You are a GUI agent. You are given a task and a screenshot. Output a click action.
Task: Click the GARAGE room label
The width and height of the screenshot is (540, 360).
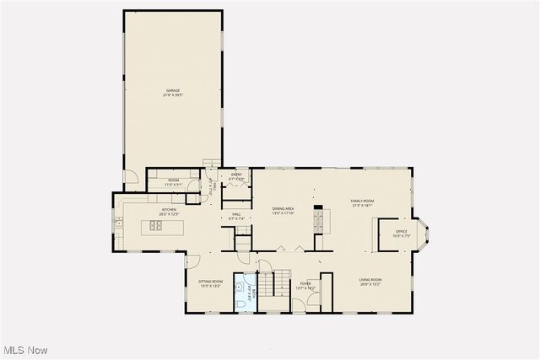172,90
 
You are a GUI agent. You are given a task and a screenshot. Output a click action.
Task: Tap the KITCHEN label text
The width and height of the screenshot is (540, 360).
169,209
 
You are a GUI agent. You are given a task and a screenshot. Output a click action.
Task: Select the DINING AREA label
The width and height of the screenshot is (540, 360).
283,208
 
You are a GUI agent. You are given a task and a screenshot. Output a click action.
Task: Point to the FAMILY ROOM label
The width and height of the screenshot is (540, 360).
362,201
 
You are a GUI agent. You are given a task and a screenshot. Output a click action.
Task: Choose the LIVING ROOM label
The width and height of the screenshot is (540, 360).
370,280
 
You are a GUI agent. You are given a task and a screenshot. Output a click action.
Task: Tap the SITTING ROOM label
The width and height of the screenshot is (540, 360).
210,281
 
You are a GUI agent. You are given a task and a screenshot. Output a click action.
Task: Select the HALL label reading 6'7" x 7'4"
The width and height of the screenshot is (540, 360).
237,214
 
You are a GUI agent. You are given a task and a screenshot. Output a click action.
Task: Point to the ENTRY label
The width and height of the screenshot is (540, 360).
236,175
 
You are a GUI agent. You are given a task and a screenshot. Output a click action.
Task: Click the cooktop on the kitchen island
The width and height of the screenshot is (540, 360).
156,225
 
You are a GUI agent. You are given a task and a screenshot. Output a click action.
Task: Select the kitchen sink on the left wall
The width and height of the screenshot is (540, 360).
119,223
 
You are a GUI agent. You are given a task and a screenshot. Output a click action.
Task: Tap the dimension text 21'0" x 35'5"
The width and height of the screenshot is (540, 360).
172,95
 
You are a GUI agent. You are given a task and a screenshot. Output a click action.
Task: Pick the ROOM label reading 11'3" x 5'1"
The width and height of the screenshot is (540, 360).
172,183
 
